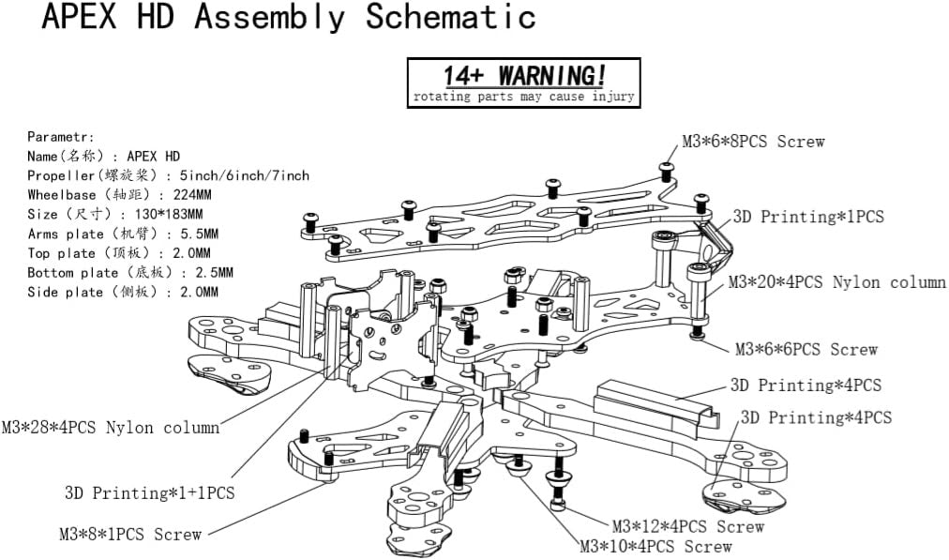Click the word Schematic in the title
[x=450, y=18]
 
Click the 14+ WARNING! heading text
[x=524, y=75]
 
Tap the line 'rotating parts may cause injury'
[x=524, y=97]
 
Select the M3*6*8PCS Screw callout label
[x=753, y=142]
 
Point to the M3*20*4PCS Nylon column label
[x=837, y=282]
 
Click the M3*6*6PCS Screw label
[x=806, y=350]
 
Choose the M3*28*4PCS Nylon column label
[x=111, y=428]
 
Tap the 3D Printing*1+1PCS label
[x=149, y=492]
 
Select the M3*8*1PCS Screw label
[x=130, y=535]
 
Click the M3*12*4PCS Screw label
[x=687, y=527]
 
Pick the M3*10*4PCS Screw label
[x=655, y=546]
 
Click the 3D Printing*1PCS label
[x=807, y=217]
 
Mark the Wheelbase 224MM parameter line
[x=119, y=195]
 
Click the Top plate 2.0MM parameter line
[x=119, y=253]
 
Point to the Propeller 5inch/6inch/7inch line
[x=168, y=175]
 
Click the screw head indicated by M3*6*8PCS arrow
[x=666, y=169]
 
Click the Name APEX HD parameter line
[x=103, y=156]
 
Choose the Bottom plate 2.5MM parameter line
[x=130, y=273]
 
